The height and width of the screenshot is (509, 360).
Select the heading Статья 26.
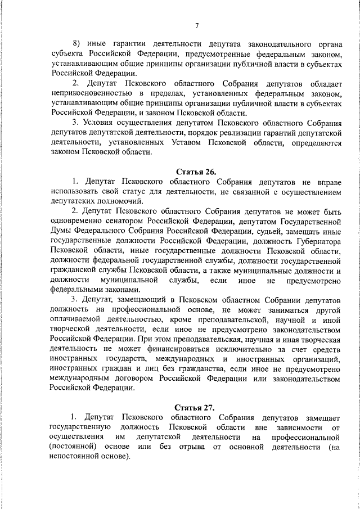pyautogui.click(x=196, y=171)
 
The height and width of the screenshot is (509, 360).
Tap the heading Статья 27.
pyautogui.click(x=196, y=407)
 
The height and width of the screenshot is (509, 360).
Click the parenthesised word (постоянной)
pyautogui.click(x=74, y=447)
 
